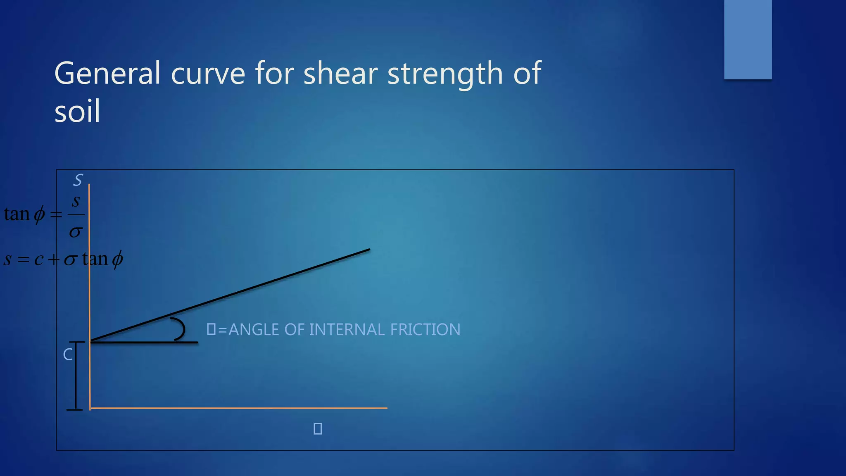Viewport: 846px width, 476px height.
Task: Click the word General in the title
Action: [x=107, y=73]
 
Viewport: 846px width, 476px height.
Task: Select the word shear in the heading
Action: [x=340, y=73]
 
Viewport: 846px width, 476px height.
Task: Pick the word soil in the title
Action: [x=77, y=112]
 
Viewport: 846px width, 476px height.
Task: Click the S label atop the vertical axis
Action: [x=78, y=180]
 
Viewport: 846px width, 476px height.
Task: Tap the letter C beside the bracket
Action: [x=68, y=355]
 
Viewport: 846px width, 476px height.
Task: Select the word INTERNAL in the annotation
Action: [x=347, y=330]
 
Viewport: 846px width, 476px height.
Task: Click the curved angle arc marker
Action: [x=181, y=329]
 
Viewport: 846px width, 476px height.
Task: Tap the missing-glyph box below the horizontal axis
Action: [x=318, y=428]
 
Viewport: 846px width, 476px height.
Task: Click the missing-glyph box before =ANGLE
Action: [x=211, y=329]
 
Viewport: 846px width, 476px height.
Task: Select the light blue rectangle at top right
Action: [x=748, y=39]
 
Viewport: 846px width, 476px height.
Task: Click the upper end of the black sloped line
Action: [x=369, y=250]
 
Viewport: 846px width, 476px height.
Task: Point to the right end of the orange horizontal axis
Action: [x=386, y=408]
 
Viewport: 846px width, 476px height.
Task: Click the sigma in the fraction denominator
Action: [x=76, y=232]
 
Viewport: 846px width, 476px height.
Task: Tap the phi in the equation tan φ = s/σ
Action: [x=39, y=215]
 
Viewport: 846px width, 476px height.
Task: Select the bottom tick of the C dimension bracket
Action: [x=75, y=409]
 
